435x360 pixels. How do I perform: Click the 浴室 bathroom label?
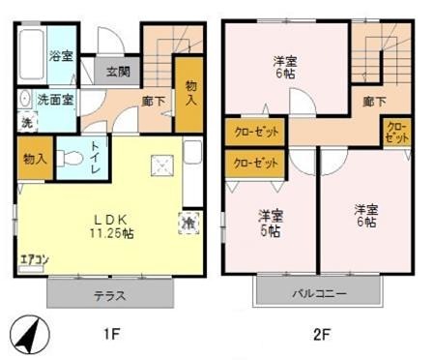(61, 55)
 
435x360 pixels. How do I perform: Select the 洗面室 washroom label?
(55, 99)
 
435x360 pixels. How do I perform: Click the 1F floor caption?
(111, 335)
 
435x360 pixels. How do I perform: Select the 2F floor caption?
(321, 335)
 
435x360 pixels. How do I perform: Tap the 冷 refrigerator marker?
(188, 223)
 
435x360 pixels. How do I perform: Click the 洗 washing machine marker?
(25, 123)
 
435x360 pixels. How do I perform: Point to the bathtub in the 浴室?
(30, 53)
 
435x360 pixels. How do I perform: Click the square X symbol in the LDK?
(160, 167)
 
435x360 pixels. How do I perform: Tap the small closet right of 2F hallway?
(396, 132)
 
